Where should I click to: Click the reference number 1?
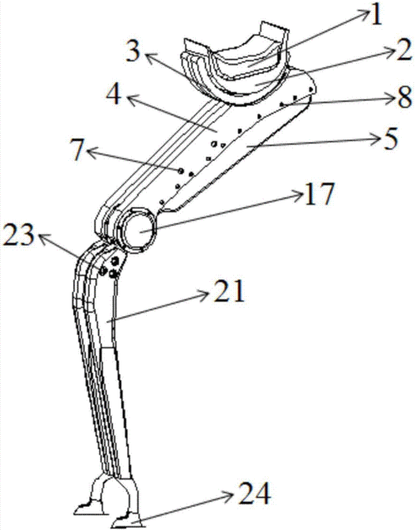pyautogui.click(x=376, y=14)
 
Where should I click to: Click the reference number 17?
pyautogui.click(x=320, y=193)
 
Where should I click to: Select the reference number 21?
pyautogui.click(x=228, y=290)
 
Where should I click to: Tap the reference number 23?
pyautogui.click(x=18, y=234)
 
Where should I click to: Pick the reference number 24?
pyautogui.click(x=254, y=494)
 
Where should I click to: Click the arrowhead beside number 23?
pyautogui.click(x=43, y=237)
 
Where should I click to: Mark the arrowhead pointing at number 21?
pyautogui.click(x=203, y=295)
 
